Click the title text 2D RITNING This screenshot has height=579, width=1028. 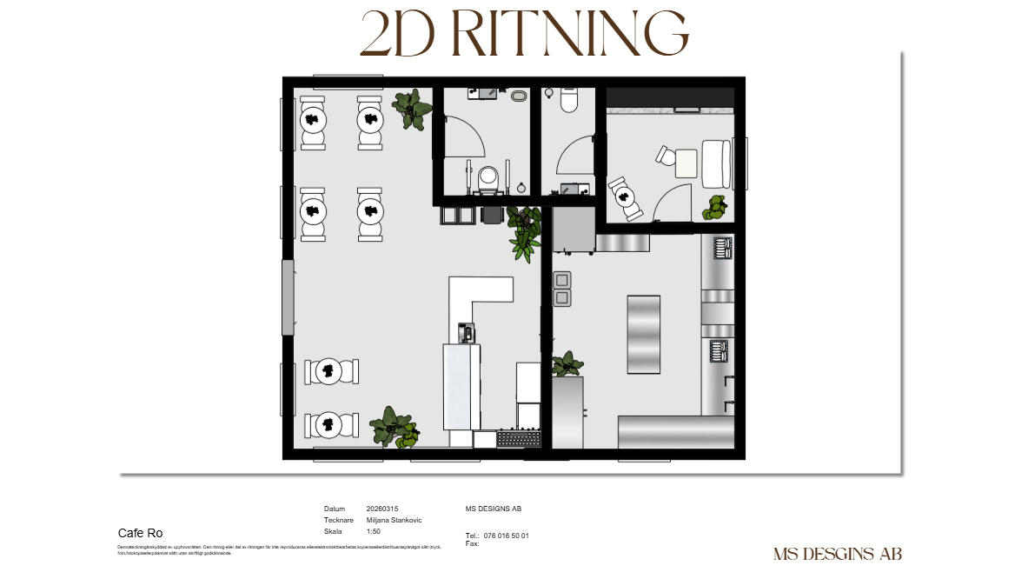click(524, 35)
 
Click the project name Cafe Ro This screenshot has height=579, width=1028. click(140, 533)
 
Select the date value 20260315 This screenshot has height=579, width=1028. click(382, 509)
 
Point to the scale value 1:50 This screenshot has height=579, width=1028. click(375, 531)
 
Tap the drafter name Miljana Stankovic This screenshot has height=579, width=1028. click(394, 520)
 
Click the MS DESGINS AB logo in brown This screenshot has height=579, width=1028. click(837, 554)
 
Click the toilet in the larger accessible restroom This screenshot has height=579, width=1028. click(487, 178)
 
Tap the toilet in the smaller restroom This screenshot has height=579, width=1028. click(569, 101)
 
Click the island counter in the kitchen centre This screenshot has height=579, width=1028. click(643, 334)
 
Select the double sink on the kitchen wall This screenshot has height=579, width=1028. click(561, 289)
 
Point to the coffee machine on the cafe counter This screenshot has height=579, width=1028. click(467, 332)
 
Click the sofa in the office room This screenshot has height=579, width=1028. click(717, 163)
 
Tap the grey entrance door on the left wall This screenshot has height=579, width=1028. click(288, 297)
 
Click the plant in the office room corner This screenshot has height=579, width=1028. click(716, 207)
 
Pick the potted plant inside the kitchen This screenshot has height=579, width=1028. click(567, 363)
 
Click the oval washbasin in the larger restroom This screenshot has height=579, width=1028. click(520, 96)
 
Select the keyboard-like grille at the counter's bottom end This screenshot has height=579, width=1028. click(519, 439)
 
